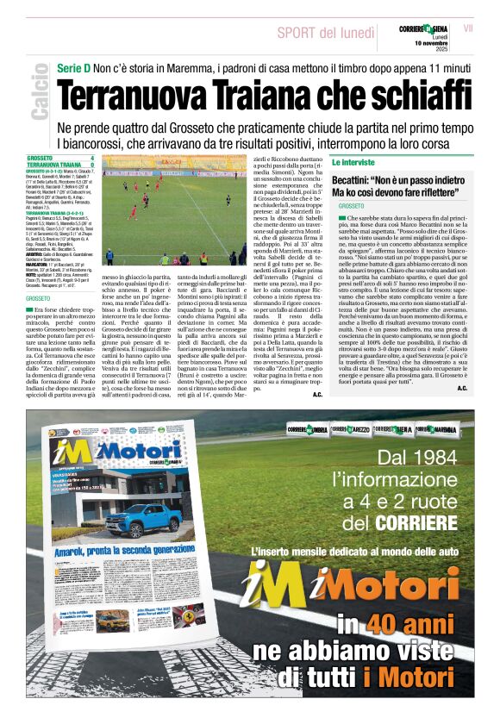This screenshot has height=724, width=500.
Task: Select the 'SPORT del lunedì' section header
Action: (x=320, y=33)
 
